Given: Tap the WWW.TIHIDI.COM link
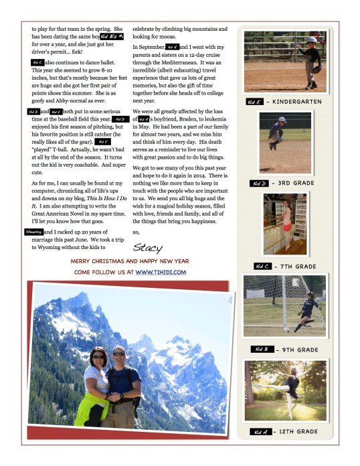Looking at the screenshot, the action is click(161, 273).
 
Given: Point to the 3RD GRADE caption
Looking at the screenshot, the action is click(295, 183).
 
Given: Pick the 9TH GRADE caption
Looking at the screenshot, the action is click(297, 349).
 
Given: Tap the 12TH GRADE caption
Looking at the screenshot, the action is click(298, 432).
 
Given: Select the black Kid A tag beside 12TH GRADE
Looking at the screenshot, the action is click(261, 432).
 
